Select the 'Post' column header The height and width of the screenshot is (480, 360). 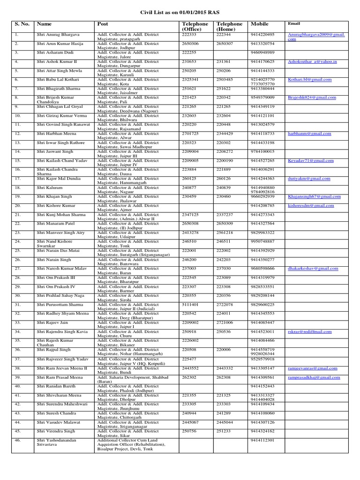click(x=103, y=23)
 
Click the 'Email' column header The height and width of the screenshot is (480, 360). click(x=293, y=23)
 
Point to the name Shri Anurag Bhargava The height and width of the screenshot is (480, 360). click(x=58, y=35)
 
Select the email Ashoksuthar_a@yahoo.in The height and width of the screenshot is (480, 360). click(x=312, y=61)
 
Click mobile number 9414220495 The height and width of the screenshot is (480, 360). click(x=262, y=35)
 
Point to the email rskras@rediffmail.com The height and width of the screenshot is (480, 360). click(x=309, y=331)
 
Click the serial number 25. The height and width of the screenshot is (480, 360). click(x=17, y=250)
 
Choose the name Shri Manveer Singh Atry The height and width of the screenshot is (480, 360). click(x=60, y=232)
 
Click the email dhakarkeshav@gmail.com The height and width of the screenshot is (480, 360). click(x=313, y=269)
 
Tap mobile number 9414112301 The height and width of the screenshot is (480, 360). click(x=262, y=440)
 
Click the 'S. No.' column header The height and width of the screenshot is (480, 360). click(x=21, y=23)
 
